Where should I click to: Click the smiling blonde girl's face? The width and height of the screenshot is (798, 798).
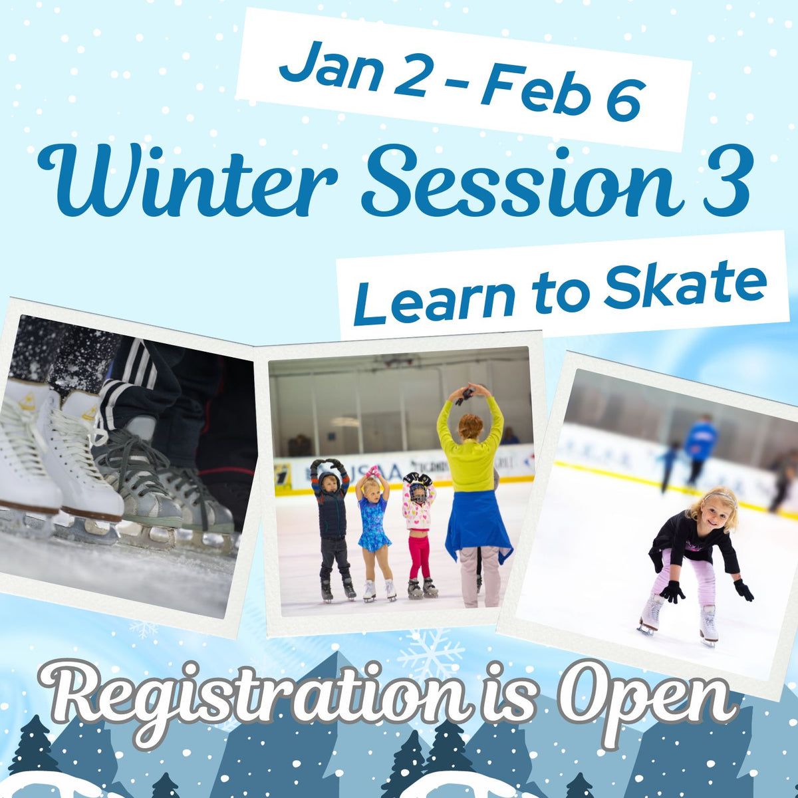[x=715, y=509]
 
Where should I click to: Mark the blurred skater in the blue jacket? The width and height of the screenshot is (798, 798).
[x=700, y=442]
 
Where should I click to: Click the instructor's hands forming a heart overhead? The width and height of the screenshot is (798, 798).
[x=469, y=392]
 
